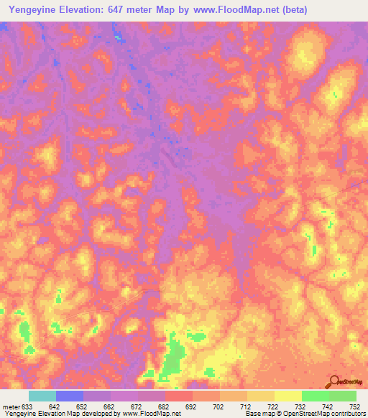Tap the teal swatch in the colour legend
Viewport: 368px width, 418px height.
42,396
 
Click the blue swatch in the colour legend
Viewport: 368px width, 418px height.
70,396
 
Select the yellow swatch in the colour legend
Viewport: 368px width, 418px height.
287,396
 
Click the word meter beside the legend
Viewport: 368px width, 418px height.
10,407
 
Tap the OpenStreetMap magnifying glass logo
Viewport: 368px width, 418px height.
333,381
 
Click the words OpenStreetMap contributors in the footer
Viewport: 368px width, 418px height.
324,414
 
